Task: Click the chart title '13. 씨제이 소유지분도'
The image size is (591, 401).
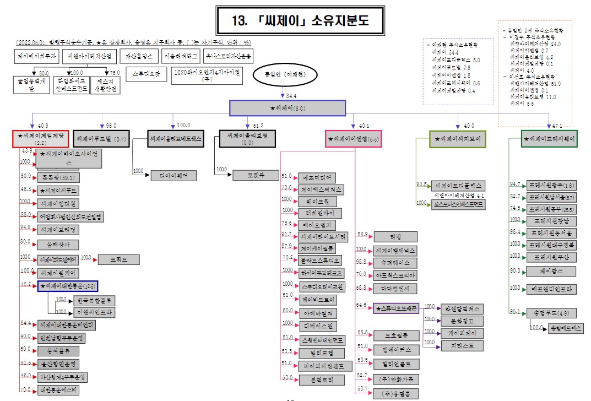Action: (x=300, y=21)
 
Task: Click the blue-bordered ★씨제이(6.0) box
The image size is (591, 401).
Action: (x=287, y=108)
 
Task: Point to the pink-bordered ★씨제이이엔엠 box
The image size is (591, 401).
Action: (x=353, y=139)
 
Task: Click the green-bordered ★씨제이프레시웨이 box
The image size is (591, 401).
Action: (x=549, y=139)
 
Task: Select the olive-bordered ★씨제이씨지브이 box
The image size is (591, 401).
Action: (x=458, y=139)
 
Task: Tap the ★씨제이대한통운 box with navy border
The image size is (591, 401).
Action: (x=68, y=286)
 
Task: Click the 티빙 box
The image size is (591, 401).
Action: (x=395, y=236)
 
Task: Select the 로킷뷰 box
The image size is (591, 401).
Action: (x=255, y=175)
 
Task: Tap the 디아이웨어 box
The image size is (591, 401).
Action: (x=173, y=175)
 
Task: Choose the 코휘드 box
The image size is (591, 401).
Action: (x=118, y=259)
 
